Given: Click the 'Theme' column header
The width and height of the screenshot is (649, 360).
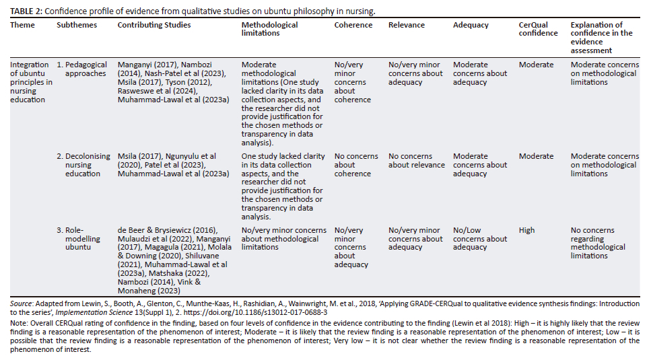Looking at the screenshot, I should (x=22, y=25).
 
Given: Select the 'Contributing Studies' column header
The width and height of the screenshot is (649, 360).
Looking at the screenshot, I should (x=153, y=25).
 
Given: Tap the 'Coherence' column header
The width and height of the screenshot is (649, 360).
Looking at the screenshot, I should (x=353, y=25).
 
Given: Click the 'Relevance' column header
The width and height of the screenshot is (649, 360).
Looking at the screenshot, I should (x=407, y=25).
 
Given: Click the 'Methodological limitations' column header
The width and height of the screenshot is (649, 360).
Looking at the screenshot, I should (x=269, y=29).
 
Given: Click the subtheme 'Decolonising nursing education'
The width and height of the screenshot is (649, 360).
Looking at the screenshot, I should (x=83, y=165).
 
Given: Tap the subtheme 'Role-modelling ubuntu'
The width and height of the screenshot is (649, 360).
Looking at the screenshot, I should (x=78, y=239).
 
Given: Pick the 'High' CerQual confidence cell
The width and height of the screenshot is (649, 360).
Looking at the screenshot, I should (x=527, y=230).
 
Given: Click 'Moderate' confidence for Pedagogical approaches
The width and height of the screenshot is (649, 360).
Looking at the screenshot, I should (x=536, y=65).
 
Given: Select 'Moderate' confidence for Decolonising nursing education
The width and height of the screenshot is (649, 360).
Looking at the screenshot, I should (x=536, y=156).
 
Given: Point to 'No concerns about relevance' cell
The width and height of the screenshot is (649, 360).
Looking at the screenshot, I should (x=417, y=161).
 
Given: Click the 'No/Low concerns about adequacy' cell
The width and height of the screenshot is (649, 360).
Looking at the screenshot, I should (x=480, y=239).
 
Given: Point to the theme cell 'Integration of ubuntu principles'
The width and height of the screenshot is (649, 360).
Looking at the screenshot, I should (x=31, y=82).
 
